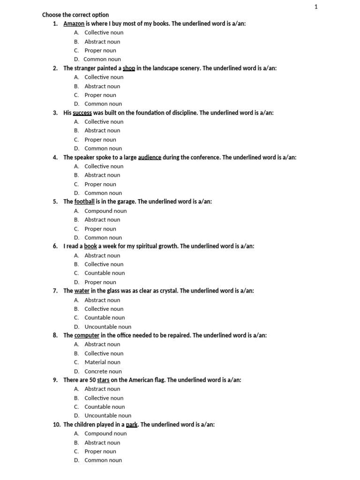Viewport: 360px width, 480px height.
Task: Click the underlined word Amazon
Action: [74, 23]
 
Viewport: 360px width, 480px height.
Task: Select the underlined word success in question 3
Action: [82, 113]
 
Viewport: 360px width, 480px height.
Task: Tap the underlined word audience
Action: [149, 157]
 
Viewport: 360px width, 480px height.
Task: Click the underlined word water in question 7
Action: [82, 291]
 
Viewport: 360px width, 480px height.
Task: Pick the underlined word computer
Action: [87, 336]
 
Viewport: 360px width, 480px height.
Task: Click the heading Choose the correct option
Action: [75, 15]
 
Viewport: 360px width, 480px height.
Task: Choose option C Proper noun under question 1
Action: [100, 51]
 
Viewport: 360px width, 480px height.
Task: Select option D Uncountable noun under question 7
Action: [107, 327]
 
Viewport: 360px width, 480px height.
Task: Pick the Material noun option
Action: [102, 362]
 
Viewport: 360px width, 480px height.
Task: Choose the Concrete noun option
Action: [103, 371]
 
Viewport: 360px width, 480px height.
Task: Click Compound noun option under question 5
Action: [105, 211]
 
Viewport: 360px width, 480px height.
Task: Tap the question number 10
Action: [57, 425]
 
